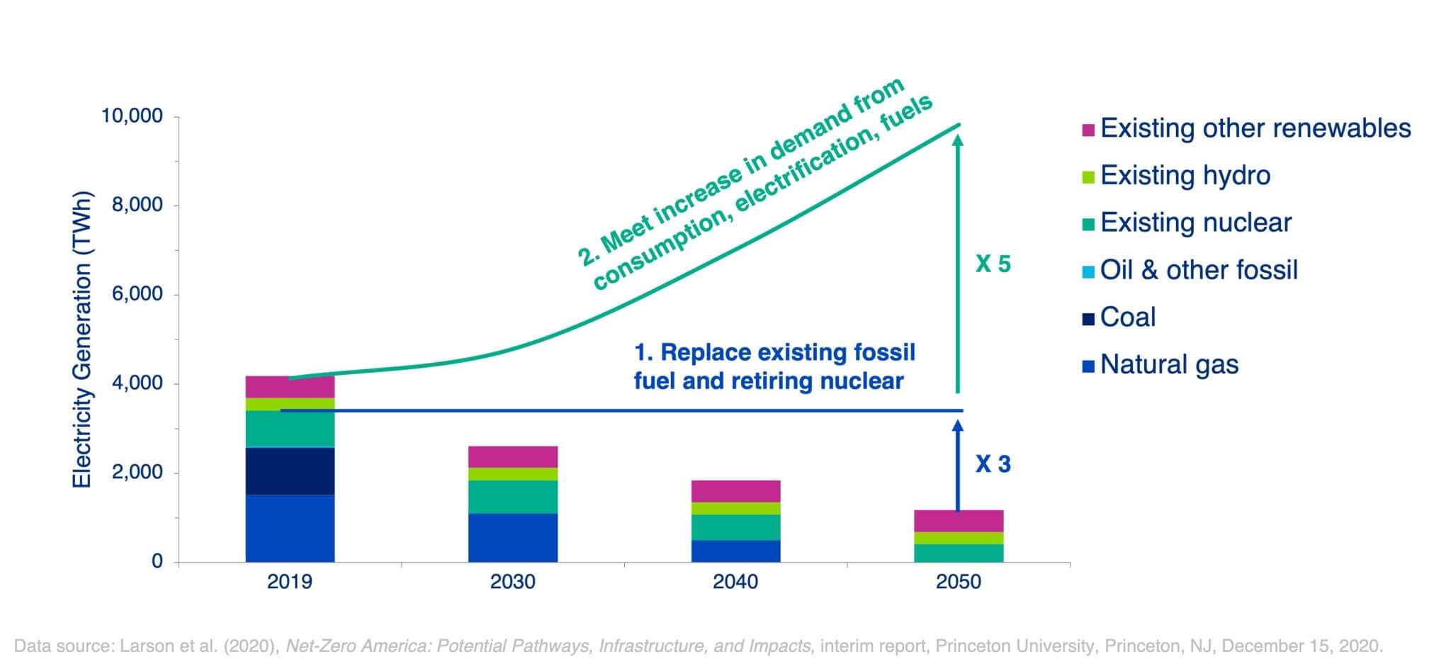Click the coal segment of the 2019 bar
point(290,471)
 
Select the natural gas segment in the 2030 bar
point(512,538)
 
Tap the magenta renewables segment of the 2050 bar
point(958,521)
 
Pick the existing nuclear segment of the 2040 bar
point(735,527)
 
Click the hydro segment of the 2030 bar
point(512,474)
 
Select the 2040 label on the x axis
point(735,583)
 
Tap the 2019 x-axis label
point(290,583)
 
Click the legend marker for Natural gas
point(1088,366)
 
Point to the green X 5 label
point(993,264)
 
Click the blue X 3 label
point(993,464)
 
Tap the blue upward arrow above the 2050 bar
point(958,464)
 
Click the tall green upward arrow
point(958,262)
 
